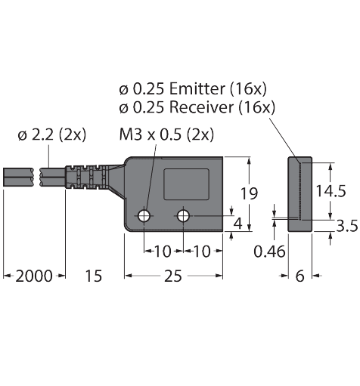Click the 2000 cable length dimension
[x=35, y=276]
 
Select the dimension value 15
[x=92, y=276]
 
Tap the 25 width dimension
[x=173, y=276]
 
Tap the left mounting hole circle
[x=144, y=217]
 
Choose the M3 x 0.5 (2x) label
[x=166, y=135]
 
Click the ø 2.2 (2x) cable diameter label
[x=51, y=135]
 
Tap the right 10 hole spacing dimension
[x=202, y=251]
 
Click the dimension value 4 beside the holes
[x=238, y=224]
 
